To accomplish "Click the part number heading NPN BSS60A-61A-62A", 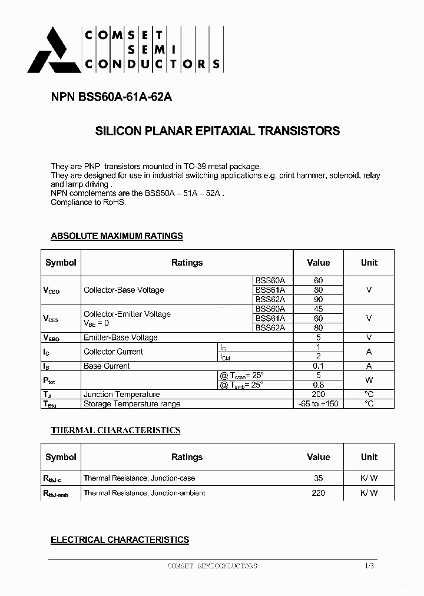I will [x=111, y=98].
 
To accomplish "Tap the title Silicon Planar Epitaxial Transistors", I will [x=217, y=131].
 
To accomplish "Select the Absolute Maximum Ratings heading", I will [x=117, y=236].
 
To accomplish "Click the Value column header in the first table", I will [x=318, y=263].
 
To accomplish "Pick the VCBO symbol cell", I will [x=52, y=290].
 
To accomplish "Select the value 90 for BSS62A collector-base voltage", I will [x=318, y=299].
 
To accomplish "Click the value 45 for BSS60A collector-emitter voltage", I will [x=318, y=309].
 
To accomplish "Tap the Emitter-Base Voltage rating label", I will [x=121, y=337].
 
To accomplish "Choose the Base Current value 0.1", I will [x=318, y=366].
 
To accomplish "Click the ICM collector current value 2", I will [x=318, y=356].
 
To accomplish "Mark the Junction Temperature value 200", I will [x=318, y=394].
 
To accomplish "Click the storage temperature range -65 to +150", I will [x=318, y=403].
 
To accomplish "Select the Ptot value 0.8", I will [x=318, y=385].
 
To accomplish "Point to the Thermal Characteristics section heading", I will [x=115, y=431].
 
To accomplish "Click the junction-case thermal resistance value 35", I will [x=318, y=478].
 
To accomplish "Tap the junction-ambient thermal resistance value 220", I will [x=318, y=493].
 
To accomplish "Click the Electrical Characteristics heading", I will [x=120, y=539].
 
